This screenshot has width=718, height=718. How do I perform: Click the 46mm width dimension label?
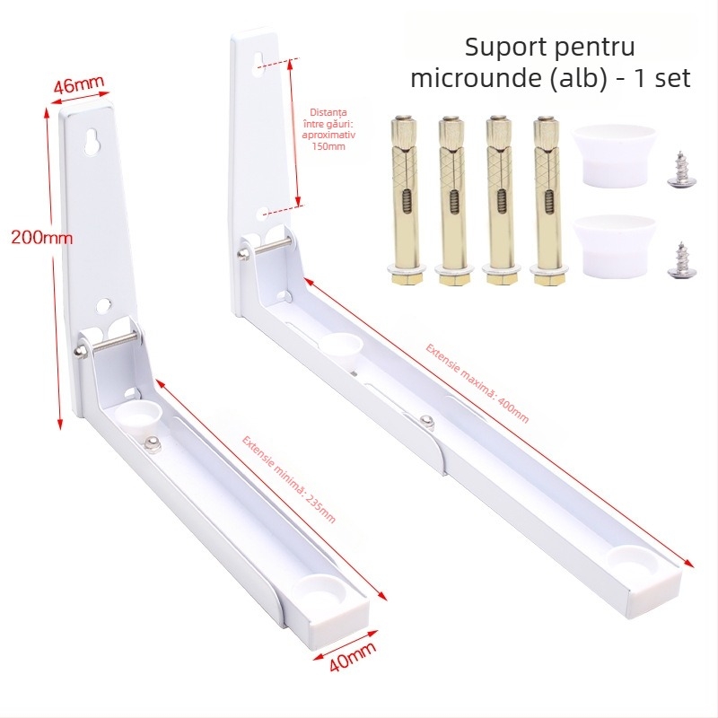[79, 84]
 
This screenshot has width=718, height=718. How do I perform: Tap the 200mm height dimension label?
[41, 238]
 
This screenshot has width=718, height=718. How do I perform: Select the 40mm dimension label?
[353, 655]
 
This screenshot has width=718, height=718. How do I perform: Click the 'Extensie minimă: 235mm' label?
[289, 479]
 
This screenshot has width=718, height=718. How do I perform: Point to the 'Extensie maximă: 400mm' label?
[477, 383]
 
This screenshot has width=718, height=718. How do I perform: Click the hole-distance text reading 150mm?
[328, 146]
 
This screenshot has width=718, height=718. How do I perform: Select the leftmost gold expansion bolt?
[405, 200]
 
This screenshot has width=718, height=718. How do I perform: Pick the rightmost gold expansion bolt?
[547, 200]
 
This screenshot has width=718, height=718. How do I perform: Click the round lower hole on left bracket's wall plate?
[104, 305]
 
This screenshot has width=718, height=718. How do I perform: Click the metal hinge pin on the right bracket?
[267, 248]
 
